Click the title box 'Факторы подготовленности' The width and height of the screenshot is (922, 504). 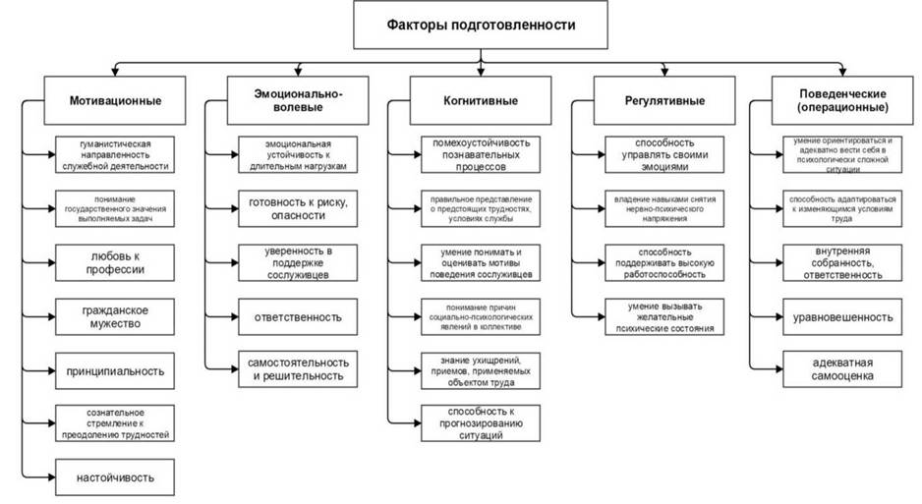pos(481,25)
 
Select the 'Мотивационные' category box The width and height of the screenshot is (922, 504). pos(115,100)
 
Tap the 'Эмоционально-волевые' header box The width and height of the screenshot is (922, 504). pos(298,100)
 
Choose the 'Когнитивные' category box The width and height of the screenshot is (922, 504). pos(481,100)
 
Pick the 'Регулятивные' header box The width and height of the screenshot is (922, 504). pos(664,100)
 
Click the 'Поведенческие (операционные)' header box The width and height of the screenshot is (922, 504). pos(842,100)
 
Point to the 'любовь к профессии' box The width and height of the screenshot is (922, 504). pos(115,262)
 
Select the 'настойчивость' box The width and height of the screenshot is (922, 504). pos(115,477)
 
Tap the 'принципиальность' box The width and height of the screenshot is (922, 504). pos(115,370)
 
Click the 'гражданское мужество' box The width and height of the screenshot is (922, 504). pos(115,316)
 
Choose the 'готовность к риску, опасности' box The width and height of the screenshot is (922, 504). pos(298,208)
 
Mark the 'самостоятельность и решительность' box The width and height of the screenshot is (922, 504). pos(298,368)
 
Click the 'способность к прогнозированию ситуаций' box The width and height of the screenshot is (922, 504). pos(481,422)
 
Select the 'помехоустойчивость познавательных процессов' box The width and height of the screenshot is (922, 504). pos(481,154)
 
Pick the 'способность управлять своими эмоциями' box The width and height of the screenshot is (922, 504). pos(664,154)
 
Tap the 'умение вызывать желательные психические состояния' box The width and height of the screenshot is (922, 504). pos(664,316)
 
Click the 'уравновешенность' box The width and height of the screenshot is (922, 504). pos(842,316)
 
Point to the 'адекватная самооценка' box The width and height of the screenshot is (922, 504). pos(842,368)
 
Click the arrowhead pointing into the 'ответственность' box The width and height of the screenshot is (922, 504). pos(235,316)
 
